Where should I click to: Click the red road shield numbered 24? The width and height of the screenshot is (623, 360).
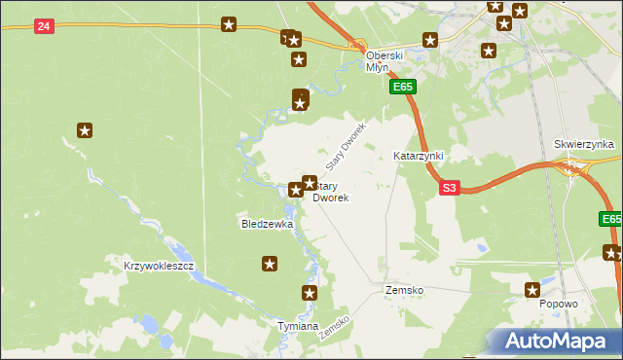[43, 26]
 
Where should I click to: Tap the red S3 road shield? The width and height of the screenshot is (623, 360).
[448, 188]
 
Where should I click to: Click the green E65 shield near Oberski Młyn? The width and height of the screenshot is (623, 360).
[404, 87]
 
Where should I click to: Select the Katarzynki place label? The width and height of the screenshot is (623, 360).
[418, 156]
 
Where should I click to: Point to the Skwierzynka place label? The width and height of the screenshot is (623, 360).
[584, 144]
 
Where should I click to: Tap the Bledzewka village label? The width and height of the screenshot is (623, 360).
[267, 224]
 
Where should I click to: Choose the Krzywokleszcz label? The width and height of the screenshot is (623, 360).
[160, 266]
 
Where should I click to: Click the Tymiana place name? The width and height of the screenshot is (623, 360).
[298, 326]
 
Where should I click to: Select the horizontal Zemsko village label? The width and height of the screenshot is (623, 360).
[403, 291]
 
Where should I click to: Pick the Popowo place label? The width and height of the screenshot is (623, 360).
[560, 304]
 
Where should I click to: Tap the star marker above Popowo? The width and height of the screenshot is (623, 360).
[532, 289]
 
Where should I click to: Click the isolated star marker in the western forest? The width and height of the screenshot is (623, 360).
[85, 130]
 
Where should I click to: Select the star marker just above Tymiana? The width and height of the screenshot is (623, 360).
[310, 293]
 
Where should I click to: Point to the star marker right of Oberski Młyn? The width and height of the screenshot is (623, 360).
[429, 40]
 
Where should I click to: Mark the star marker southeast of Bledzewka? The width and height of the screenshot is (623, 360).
[270, 263]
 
